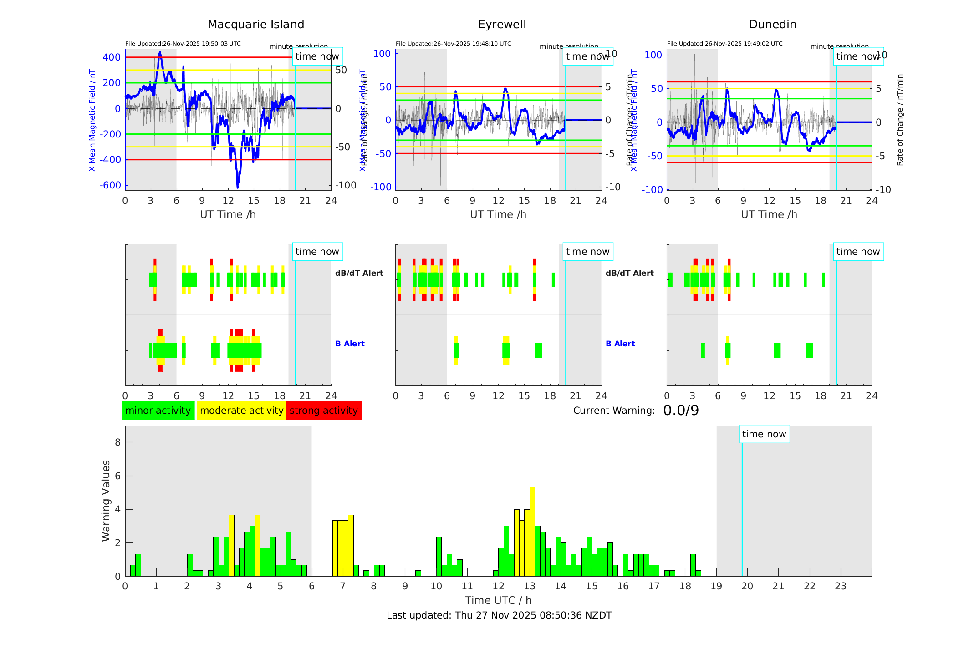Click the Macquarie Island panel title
pos(255,25)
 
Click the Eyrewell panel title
pos(502,25)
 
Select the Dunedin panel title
pos(772,25)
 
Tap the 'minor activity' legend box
pos(158,411)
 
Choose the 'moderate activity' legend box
pos(241,411)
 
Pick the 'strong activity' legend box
pos(324,411)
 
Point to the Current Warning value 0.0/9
pos(681,411)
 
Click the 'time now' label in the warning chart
pos(764,434)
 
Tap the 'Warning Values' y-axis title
pos(106,501)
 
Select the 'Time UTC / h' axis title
pos(498,600)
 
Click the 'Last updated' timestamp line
pos(499,615)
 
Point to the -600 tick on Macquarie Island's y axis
pos(111,185)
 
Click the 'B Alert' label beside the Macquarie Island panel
pos(350,344)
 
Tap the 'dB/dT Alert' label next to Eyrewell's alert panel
pos(629,273)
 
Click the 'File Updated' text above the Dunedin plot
pos(724,44)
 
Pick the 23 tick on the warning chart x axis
pos(840,586)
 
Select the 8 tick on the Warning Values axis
pos(117,442)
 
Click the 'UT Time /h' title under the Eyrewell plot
pos(498,214)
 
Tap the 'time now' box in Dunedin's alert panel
pos(858,252)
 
